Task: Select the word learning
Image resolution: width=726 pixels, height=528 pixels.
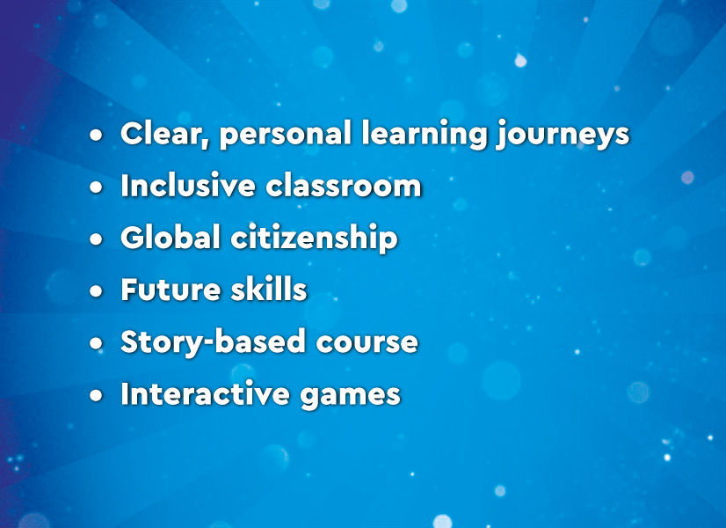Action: click(424, 136)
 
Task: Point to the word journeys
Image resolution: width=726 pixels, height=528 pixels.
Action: click(562, 136)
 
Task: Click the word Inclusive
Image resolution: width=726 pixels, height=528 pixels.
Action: click(188, 186)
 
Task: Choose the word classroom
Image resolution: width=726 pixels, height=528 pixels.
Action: click(344, 186)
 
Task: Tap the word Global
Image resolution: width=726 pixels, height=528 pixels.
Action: click(170, 238)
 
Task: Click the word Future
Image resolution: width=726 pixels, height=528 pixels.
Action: click(171, 290)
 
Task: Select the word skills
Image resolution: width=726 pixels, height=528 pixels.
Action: click(269, 290)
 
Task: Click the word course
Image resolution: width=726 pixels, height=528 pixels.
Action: click(367, 344)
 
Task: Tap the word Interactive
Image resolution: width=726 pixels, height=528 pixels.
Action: click(205, 394)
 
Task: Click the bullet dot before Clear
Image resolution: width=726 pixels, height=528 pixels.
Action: click(97, 136)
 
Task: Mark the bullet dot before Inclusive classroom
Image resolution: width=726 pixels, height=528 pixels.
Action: click(97, 187)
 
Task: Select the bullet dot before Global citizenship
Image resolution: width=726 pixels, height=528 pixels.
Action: click(97, 239)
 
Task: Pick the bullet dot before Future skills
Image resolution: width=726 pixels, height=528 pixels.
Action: click(97, 291)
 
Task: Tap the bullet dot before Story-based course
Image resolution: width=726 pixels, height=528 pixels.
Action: click(97, 343)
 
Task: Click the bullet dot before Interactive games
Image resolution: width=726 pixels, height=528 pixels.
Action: click(97, 395)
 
